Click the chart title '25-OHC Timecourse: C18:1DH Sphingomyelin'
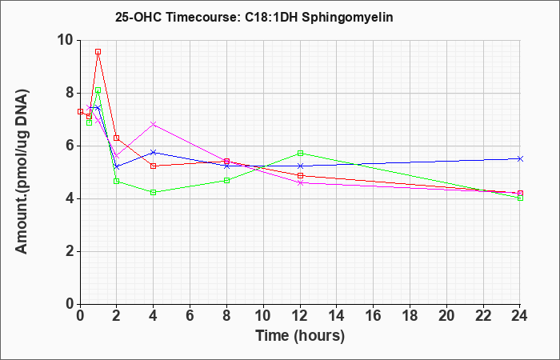click(x=254, y=17)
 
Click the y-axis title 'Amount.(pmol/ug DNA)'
click(x=22, y=172)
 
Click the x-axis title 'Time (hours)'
click(x=300, y=336)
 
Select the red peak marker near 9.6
click(x=98, y=52)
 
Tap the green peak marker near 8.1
click(x=98, y=90)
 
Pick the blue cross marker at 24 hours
click(x=520, y=158)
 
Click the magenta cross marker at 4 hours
click(x=154, y=124)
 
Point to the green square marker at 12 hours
click(x=300, y=154)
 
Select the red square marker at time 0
click(x=80, y=111)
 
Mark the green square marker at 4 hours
click(x=154, y=193)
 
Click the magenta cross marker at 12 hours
click(x=300, y=183)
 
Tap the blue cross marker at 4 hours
click(x=154, y=153)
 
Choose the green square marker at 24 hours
click(x=520, y=198)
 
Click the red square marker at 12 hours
click(x=300, y=176)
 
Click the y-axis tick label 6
click(x=70, y=146)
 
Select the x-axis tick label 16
click(x=374, y=316)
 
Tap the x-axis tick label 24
click(x=520, y=316)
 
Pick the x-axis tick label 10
click(x=263, y=316)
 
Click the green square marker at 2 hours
click(x=117, y=181)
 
